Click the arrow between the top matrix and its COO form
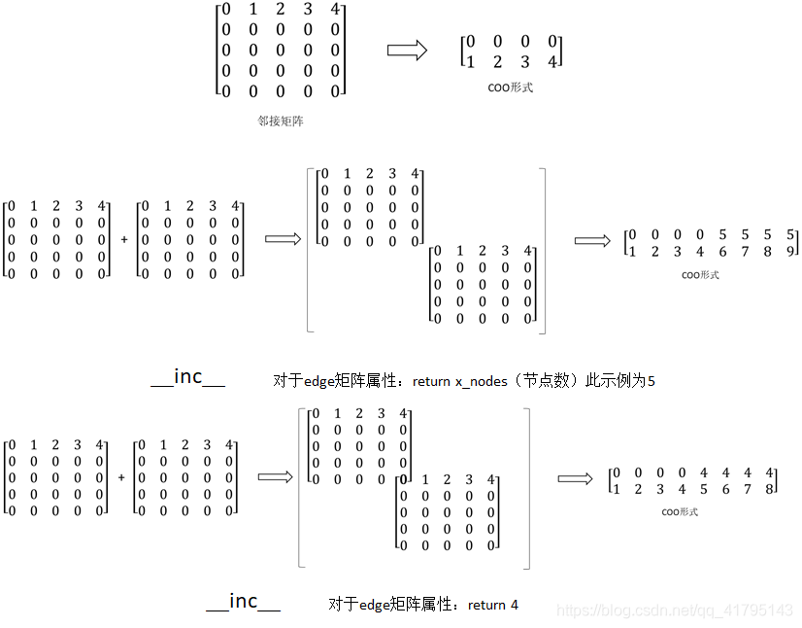coord(407,52)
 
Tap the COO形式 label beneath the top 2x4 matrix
coord(511,87)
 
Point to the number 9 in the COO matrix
coord(791,252)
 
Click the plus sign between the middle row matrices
coord(124,239)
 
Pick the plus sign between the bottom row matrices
coord(121,477)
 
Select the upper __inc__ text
coord(188,377)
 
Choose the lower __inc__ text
coord(243,602)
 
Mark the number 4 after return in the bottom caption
coord(514,605)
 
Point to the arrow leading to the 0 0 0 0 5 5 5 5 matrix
coord(592,240)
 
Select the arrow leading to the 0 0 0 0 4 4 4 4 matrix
coord(575,478)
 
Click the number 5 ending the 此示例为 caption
coord(651,381)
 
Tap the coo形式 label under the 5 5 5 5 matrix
coord(699,275)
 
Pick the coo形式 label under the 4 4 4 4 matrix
coord(680,511)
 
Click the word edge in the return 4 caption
coord(375,605)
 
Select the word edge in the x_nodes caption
coord(320,381)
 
